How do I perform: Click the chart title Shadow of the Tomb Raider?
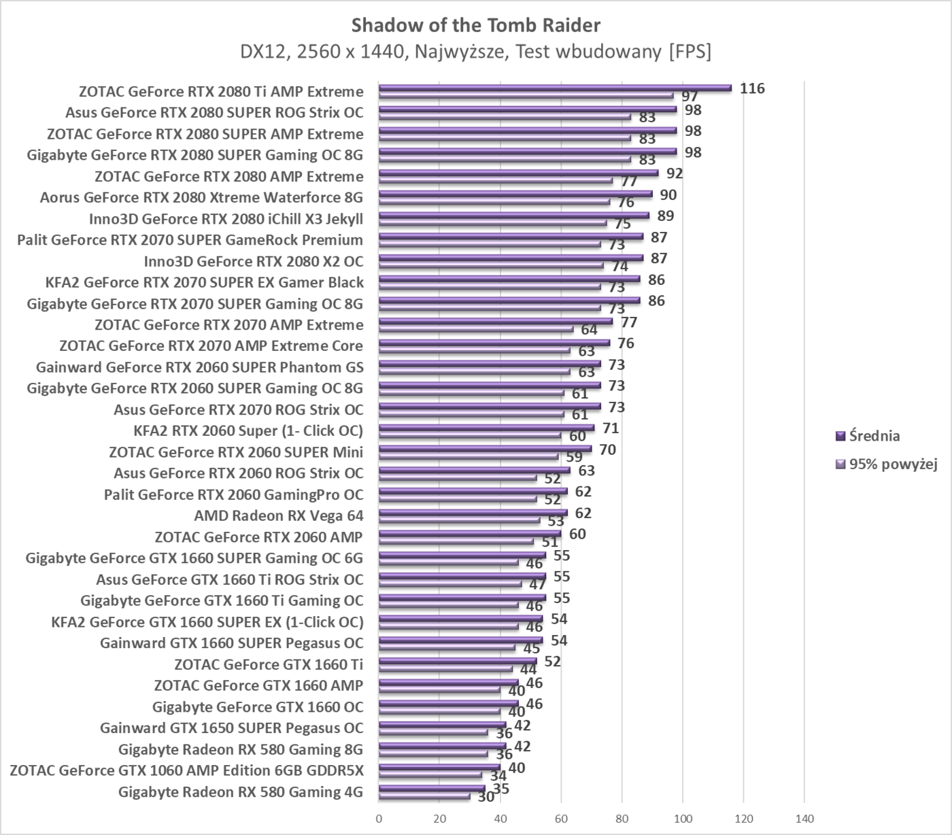476,25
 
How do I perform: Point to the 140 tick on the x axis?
804,819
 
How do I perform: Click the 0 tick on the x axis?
379,819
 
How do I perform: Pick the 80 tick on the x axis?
622,819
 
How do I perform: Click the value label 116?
752,88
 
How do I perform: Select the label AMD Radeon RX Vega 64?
279,515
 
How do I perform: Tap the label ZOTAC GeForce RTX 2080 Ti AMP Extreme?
221,91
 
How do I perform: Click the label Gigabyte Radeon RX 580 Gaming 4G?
240,791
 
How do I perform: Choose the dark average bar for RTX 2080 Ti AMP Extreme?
555,87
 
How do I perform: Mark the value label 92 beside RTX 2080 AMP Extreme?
675,173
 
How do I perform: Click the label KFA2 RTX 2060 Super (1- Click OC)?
248,430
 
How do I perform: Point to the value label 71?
611,428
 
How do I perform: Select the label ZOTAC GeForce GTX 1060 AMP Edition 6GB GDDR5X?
186,770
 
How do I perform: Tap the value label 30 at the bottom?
486,797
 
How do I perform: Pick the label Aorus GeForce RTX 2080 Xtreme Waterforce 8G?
201,197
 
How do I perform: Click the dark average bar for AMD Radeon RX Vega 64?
473,512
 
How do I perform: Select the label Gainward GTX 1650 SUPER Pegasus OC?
231,728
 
